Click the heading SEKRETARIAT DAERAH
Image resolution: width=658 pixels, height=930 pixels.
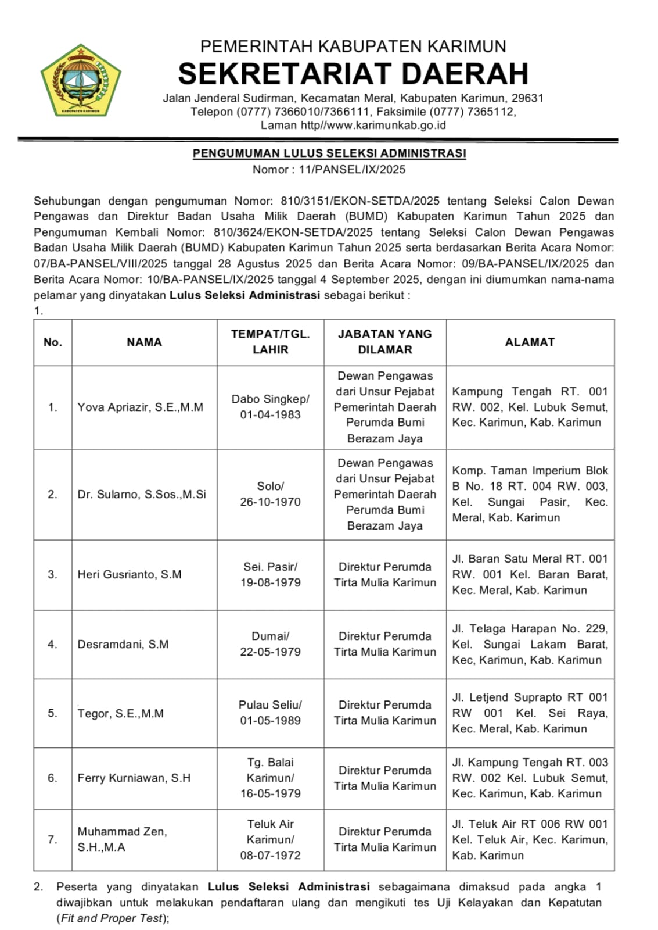(353, 74)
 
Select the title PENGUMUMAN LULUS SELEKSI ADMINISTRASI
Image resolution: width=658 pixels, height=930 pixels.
(329, 153)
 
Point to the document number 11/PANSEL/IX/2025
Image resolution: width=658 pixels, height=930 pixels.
(352, 170)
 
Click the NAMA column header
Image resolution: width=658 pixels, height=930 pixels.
(144, 342)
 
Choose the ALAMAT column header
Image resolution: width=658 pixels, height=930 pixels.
(530, 342)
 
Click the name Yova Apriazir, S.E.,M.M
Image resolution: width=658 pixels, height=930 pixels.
(141, 407)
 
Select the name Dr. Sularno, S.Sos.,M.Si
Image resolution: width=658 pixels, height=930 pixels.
(142, 495)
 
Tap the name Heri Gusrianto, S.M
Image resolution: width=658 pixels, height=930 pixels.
(130, 574)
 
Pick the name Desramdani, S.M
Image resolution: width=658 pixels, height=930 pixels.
(123, 644)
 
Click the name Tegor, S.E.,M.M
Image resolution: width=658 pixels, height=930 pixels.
(121, 713)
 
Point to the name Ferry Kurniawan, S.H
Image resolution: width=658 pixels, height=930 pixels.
(134, 778)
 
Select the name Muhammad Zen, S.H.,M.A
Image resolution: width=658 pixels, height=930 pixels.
(122, 839)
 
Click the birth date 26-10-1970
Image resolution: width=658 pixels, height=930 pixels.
(270, 502)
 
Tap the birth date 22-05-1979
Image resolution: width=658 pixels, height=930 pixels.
(270, 652)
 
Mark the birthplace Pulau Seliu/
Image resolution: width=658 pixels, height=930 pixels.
(270, 705)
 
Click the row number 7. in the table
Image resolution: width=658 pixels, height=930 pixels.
(53, 839)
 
